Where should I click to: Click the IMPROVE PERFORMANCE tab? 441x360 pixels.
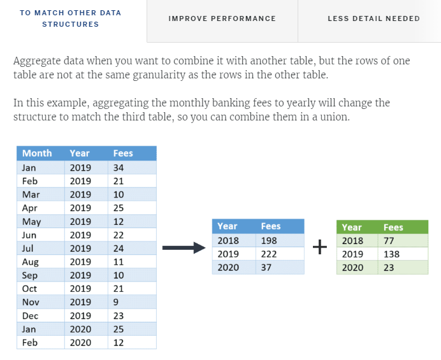(222, 18)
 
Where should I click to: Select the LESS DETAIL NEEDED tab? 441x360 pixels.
(373, 18)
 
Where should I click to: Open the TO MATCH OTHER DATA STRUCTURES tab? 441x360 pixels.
(70, 18)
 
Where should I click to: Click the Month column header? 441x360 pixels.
(37, 153)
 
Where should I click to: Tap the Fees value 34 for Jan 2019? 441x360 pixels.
(118, 168)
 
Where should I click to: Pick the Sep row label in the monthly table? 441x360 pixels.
(30, 275)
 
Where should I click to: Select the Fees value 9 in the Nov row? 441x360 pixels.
(115, 302)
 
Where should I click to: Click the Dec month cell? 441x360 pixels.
(30, 315)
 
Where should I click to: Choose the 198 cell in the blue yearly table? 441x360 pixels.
(268, 240)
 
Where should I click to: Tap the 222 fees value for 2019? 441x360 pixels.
(268, 254)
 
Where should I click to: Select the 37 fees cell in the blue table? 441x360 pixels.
(266, 268)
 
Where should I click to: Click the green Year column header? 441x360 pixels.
(351, 227)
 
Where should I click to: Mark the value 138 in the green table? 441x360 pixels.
(391, 254)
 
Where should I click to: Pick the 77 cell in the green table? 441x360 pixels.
(389, 241)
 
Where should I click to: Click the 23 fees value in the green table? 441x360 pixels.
(389, 268)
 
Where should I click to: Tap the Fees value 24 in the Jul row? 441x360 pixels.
(118, 248)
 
